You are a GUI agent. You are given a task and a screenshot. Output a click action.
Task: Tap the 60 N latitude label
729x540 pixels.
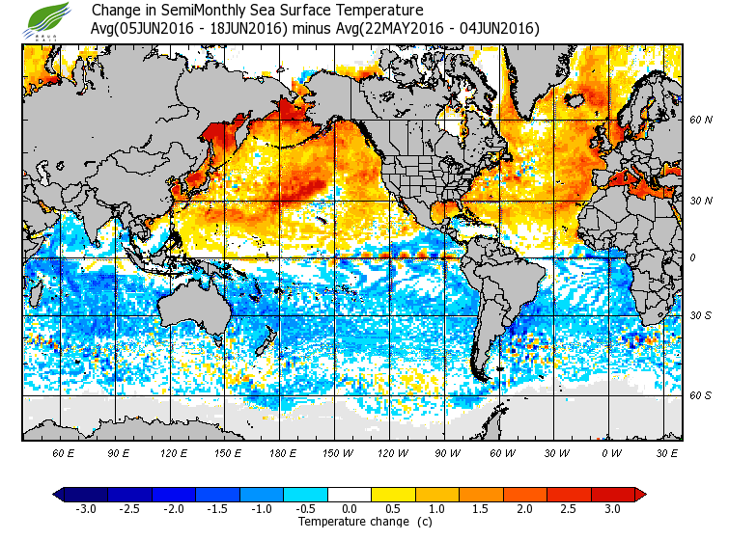click(700, 121)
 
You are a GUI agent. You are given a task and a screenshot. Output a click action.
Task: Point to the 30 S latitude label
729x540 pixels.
click(700, 316)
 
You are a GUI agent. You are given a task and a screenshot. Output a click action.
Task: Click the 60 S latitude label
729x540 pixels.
click(700, 396)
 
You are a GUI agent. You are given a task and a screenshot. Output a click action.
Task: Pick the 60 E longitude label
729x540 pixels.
click(64, 451)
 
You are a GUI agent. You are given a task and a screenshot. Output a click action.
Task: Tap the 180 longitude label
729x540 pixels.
click(282, 451)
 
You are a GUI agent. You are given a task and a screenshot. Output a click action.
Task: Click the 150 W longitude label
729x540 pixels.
click(337, 451)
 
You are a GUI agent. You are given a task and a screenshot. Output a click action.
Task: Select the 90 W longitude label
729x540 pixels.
click(447, 451)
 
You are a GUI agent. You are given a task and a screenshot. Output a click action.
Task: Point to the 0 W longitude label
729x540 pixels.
click(611, 451)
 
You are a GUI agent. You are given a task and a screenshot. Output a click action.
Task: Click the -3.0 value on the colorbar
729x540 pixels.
click(85, 509)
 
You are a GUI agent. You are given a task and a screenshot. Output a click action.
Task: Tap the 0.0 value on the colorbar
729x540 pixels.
click(350, 509)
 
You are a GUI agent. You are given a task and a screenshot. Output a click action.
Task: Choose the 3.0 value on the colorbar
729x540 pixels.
click(613, 509)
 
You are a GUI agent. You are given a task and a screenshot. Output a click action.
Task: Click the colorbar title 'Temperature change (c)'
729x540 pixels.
click(350, 522)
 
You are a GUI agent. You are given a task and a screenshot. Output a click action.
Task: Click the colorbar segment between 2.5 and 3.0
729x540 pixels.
click(591, 495)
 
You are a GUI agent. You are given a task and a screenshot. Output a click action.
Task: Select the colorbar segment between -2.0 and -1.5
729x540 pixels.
click(195, 495)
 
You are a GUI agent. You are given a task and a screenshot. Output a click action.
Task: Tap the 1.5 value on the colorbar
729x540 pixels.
click(482, 509)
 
